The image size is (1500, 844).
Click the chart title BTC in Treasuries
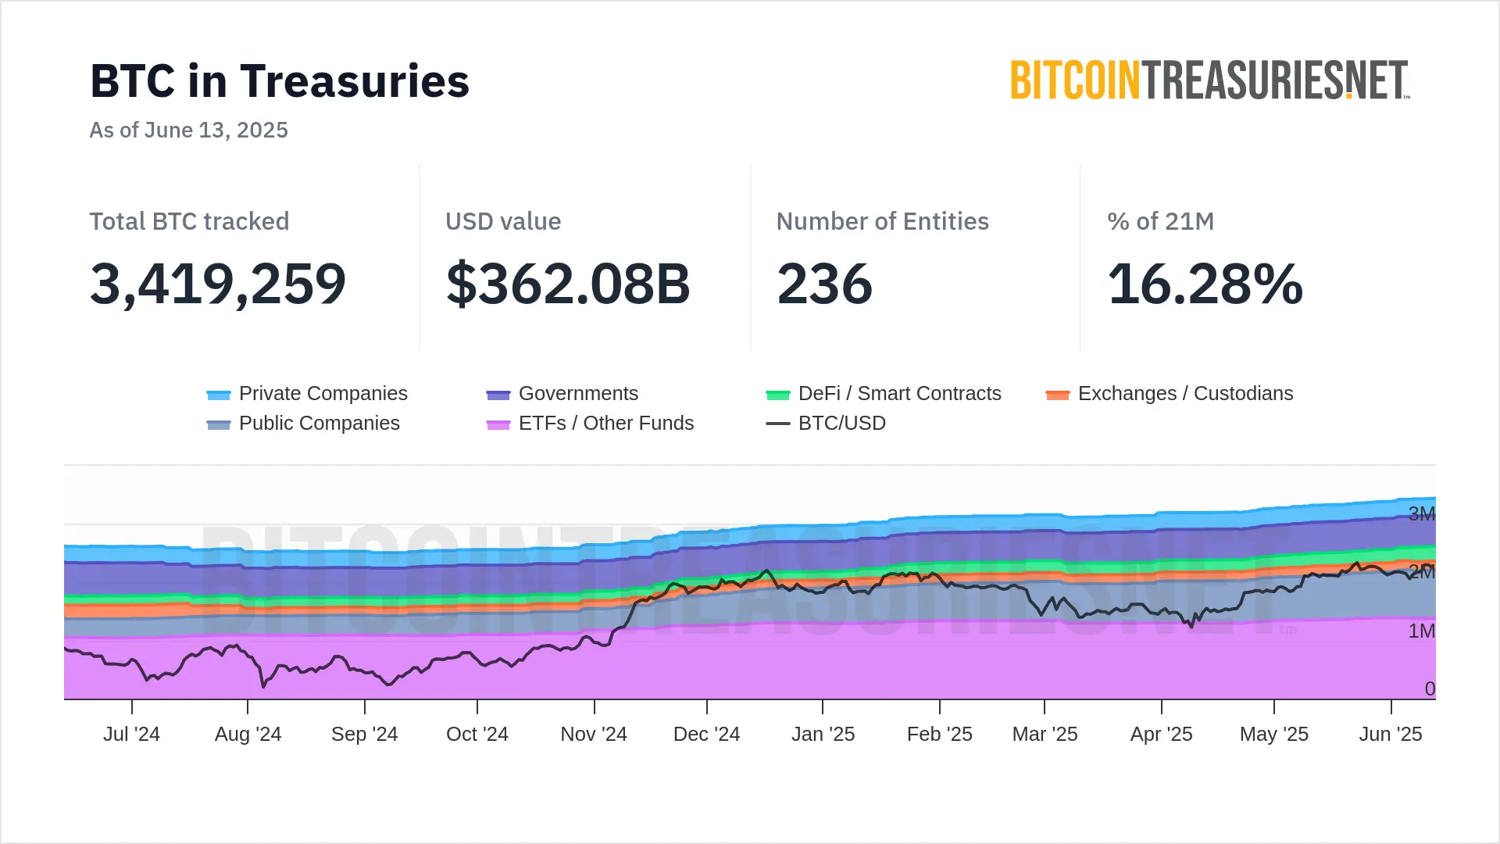[x=280, y=81]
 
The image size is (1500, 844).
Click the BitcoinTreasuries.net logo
[x=1209, y=80]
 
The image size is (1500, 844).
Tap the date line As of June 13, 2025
[x=188, y=130]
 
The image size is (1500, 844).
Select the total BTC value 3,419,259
[x=218, y=284]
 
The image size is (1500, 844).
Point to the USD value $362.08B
[x=568, y=284]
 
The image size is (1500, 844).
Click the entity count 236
[x=824, y=284]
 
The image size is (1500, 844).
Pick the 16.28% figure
[x=1205, y=284]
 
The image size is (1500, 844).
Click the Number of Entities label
[x=882, y=221]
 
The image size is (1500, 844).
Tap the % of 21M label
[x=1160, y=221]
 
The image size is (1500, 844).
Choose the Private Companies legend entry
[x=307, y=394]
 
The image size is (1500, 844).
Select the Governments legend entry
[x=562, y=394]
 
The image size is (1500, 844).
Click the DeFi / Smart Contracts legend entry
[x=884, y=394]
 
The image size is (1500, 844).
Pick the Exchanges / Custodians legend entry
[x=1170, y=394]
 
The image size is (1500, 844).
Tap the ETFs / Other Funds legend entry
[x=590, y=424]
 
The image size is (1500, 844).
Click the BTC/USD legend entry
[x=827, y=424]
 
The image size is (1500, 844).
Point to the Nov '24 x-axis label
[x=594, y=735]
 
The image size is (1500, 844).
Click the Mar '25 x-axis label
[x=1045, y=735]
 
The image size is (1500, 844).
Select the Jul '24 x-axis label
[x=131, y=735]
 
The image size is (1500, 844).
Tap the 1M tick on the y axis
[x=1421, y=631]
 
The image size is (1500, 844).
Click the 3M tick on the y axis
[x=1421, y=513]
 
